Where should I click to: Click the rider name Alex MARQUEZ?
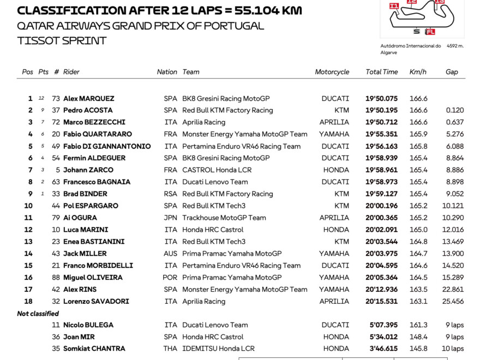tap(89, 99)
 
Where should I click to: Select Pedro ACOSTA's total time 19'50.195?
tap(381, 110)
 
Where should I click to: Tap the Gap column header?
tap(452, 72)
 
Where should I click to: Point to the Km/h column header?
tap(418, 72)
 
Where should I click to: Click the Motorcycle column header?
tap(332, 72)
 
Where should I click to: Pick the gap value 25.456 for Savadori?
tap(453, 302)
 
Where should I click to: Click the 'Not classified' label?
tap(38, 314)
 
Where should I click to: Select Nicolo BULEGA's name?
tap(88, 325)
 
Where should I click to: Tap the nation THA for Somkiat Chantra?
tap(170, 349)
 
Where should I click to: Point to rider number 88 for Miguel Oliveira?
tap(56, 278)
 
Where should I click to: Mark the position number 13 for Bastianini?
tap(28, 242)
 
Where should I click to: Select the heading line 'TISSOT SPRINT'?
tap(62, 40)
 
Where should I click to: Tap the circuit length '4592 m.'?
tap(454, 46)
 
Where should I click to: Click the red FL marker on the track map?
tap(430, 32)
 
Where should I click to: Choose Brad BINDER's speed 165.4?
tap(418, 194)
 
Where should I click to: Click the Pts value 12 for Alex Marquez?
tap(41, 99)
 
